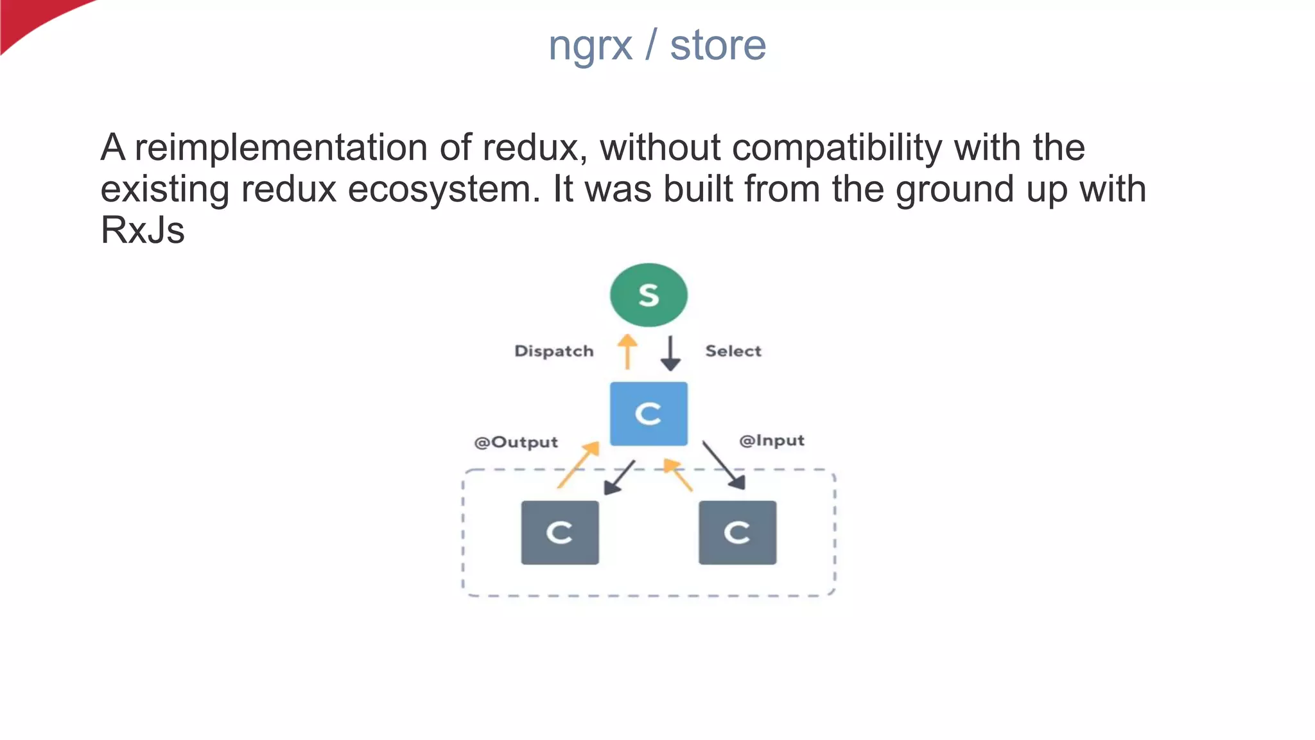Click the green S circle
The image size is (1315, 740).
pos(649,295)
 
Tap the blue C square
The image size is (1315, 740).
pos(649,414)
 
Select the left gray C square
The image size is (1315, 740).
pos(560,533)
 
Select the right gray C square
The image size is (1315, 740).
pos(737,533)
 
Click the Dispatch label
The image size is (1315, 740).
pos(553,351)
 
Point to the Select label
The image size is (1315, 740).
pos(733,351)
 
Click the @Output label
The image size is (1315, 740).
pos(516,443)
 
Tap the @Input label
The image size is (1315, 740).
pos(771,441)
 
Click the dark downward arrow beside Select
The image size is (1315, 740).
pos(670,353)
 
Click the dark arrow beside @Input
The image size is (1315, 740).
pos(724,465)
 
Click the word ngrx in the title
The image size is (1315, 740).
pos(590,46)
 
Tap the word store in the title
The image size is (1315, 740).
pos(718,46)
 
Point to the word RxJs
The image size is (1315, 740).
pos(143,230)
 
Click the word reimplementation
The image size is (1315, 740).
pos(281,148)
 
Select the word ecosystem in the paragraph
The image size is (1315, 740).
pos(444,189)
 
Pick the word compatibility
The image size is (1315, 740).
pos(837,148)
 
